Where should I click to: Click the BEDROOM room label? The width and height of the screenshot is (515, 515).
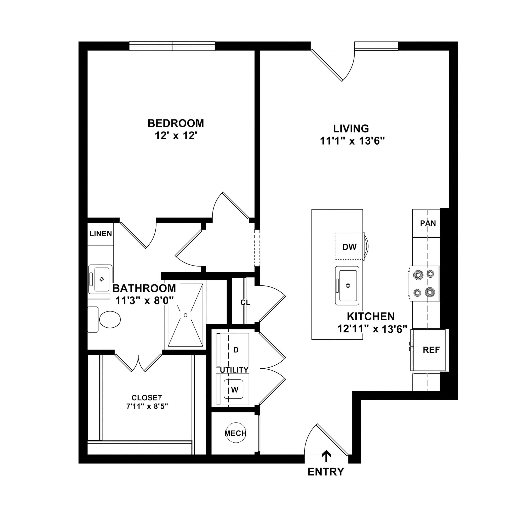tap(176, 123)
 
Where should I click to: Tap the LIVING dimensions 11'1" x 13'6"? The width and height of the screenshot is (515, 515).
tap(352, 141)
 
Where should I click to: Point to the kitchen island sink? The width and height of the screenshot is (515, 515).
tap(347, 286)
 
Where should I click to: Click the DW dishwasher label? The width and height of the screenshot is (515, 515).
tap(349, 247)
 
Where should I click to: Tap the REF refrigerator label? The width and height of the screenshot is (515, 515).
tap(431, 350)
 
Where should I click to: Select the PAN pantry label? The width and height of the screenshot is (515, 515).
tap(428, 223)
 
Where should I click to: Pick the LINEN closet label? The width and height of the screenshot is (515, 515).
tap(101, 234)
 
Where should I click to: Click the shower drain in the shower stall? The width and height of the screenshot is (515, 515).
tap(186, 315)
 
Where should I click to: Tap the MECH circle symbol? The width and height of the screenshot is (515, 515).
tap(235, 433)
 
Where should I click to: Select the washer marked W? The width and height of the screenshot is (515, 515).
tap(234, 390)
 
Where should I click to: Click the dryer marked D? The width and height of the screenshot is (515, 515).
tap(236, 350)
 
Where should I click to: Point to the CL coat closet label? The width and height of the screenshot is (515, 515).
tap(245, 303)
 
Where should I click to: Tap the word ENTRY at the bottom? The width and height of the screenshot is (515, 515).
tap(326, 472)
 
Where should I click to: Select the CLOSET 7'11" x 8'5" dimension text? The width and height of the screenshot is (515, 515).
tap(147, 406)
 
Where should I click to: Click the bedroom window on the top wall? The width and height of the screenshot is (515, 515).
tap(172, 46)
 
